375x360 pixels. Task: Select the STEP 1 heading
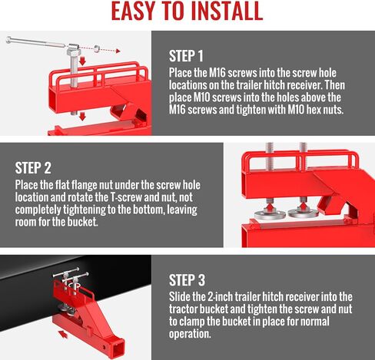(186, 55)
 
